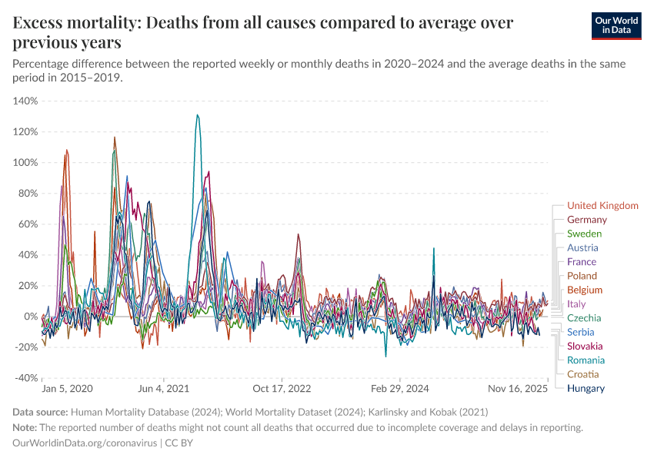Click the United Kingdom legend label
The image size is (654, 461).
[602, 206]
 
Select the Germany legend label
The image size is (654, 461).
[587, 220]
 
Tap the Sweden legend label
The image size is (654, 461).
[584, 234]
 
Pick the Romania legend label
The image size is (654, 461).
[586, 360]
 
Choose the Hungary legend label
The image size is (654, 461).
[586, 388]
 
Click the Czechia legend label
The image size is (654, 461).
[584, 318]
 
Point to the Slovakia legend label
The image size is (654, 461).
[585, 347]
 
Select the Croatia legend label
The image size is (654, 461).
[582, 374]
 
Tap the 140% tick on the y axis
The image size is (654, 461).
[25, 101]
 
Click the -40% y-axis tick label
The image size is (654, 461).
[25, 378]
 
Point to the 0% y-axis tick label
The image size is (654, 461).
[30, 317]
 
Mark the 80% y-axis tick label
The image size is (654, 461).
[28, 194]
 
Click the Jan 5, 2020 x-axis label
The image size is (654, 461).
[66, 390]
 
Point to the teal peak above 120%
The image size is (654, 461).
[198, 115]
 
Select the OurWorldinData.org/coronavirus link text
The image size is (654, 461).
[85, 443]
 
